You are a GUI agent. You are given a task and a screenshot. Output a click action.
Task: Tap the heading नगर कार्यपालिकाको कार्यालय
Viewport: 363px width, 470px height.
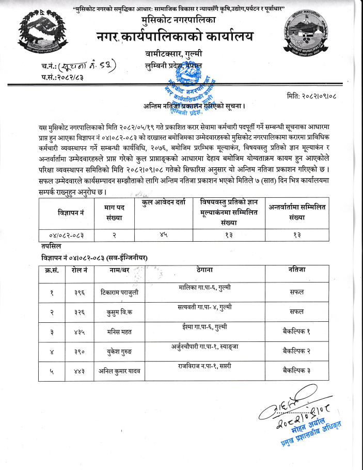tap(175, 37)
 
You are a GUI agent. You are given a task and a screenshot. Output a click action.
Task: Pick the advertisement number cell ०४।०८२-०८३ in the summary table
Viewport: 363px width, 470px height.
tap(68, 235)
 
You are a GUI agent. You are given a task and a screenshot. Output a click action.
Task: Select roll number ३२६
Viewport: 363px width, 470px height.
tap(80, 312)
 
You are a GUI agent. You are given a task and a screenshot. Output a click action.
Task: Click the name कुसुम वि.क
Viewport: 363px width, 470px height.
tap(119, 312)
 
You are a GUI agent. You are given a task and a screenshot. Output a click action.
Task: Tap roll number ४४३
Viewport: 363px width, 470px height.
tap(80, 372)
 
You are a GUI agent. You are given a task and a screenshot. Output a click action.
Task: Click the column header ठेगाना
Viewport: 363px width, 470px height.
tap(204, 270)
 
